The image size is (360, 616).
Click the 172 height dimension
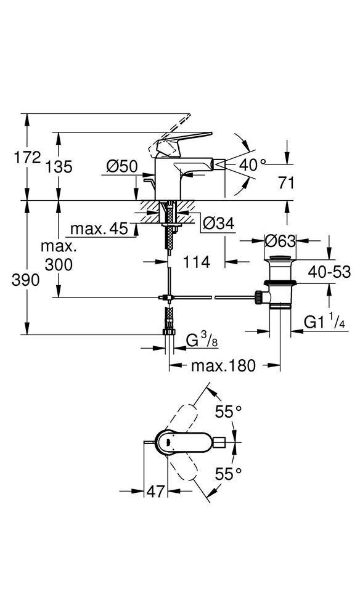tap(28, 158)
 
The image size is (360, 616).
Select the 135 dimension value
tap(59, 167)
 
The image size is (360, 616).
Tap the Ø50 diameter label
tap(122, 166)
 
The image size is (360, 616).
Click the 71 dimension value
tap(286, 183)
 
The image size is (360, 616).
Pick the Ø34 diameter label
tap(218, 224)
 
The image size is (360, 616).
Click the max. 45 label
tap(99, 229)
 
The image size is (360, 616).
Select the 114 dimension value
tap(196, 262)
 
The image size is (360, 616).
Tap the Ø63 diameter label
tap(280, 240)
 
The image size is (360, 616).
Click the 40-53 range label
tap(329, 272)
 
